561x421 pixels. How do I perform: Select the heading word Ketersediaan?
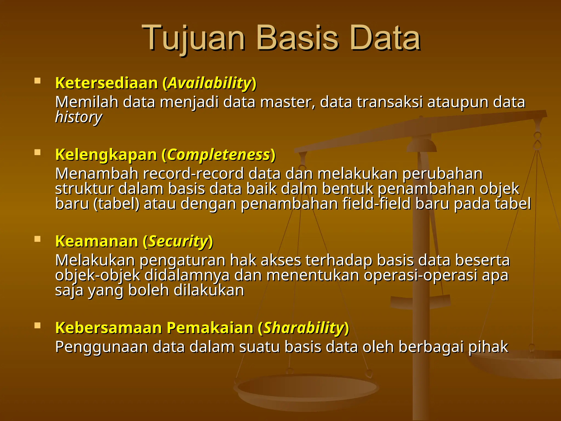(x=107, y=83)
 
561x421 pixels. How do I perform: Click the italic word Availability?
(x=210, y=83)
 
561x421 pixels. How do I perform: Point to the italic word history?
(x=78, y=117)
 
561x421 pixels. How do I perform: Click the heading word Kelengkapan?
(x=106, y=155)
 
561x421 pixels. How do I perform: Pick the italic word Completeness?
(x=218, y=155)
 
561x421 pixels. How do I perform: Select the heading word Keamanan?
(x=96, y=241)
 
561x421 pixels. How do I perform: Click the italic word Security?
(x=178, y=241)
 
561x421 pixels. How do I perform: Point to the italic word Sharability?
(x=303, y=328)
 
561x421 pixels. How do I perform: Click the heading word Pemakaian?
(x=210, y=328)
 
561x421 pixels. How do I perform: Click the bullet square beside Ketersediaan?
(x=38, y=81)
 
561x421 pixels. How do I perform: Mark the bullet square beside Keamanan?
(x=38, y=239)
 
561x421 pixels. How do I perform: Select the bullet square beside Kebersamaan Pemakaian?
(x=38, y=325)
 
